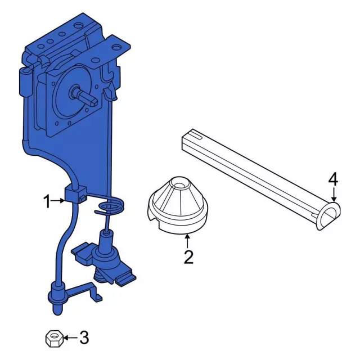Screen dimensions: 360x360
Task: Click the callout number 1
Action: point(47,201)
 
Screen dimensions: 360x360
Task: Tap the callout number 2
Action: point(188,257)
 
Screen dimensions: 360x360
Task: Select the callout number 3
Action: point(84,337)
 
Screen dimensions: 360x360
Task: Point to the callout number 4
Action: point(333,179)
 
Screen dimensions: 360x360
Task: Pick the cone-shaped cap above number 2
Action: point(178,204)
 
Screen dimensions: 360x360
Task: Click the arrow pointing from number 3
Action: point(71,337)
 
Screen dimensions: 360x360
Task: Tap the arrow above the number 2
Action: point(188,241)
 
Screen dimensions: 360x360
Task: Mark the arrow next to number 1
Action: point(58,201)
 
